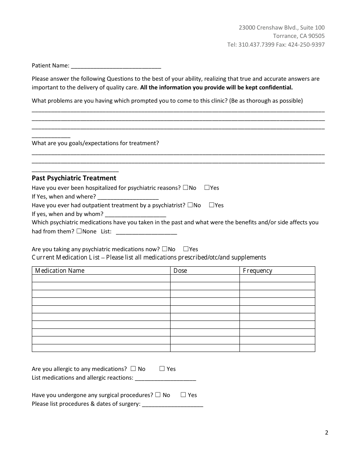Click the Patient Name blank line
coord(116,66)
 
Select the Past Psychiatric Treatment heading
coord(74,178)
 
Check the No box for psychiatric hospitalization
coord(185,188)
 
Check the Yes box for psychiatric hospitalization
coord(207,188)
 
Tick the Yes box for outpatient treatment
coord(211,205)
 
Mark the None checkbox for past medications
coord(79,231)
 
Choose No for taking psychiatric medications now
coord(164,249)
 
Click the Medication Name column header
coord(60,271)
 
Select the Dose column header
coord(180,271)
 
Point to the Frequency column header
coord(257,271)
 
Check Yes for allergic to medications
coord(162,369)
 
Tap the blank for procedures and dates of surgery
coord(172,404)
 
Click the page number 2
coord(327,433)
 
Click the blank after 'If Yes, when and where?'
coord(128,197)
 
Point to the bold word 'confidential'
coord(275,88)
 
